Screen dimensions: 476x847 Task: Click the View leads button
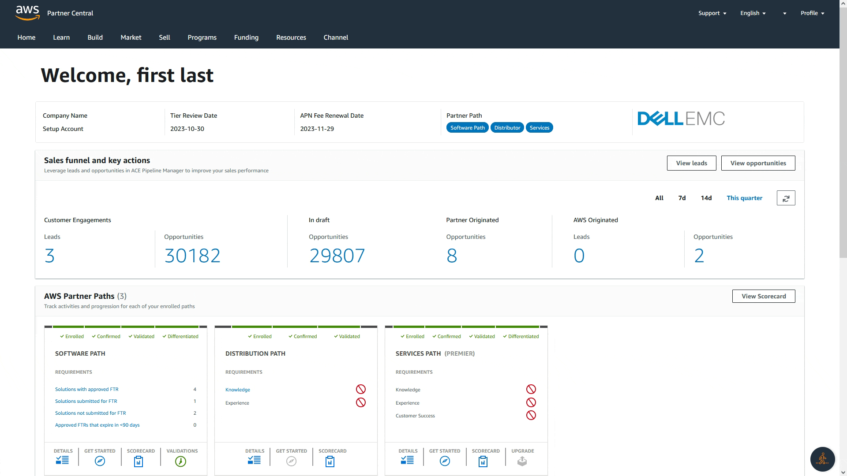pos(691,163)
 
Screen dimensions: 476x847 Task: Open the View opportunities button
pos(758,163)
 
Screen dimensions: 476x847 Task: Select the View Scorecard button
pos(763,296)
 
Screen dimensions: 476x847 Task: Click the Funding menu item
pos(246,37)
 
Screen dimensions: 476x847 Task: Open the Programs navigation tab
pos(202,37)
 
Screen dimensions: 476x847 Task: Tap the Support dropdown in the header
pos(712,13)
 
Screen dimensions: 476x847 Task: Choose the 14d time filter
pos(706,198)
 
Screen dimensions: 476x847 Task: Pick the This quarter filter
pos(744,198)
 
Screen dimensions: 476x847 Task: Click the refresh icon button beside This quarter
pos(786,198)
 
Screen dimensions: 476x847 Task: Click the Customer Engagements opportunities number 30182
pos(192,256)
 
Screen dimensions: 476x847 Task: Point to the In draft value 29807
pos(337,256)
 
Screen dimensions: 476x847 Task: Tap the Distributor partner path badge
pos(507,128)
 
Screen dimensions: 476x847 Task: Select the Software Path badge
pos(467,128)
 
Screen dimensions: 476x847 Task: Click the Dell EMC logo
pos(681,119)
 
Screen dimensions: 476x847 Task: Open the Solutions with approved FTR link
pos(86,389)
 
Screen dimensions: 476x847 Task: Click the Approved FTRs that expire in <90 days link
pos(97,425)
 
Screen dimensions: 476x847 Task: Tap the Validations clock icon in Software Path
pos(180,461)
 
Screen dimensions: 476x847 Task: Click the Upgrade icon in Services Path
pos(522,461)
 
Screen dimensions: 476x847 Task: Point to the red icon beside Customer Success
pos(531,415)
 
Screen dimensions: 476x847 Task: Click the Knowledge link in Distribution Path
pos(237,390)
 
